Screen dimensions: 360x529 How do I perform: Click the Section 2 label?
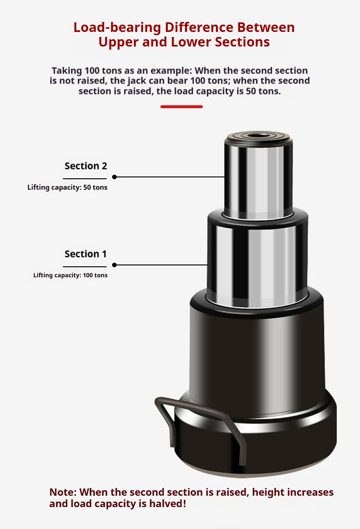point(86,166)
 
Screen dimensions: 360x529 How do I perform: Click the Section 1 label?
point(86,254)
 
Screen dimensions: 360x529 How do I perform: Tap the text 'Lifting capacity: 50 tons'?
point(67,187)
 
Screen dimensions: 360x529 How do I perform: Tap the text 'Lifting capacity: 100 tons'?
point(70,275)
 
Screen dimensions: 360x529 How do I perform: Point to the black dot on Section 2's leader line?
point(114,177)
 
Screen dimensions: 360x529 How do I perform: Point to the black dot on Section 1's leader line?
point(114,265)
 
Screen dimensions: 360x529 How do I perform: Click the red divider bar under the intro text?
point(181,107)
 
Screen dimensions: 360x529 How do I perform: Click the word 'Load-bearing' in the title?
point(117,28)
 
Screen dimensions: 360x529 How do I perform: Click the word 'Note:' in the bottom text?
point(63,492)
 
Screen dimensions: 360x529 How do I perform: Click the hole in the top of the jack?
point(258,135)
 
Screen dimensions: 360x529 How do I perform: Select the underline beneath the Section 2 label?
point(85,179)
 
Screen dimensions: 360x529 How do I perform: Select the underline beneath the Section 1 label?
point(85,266)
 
